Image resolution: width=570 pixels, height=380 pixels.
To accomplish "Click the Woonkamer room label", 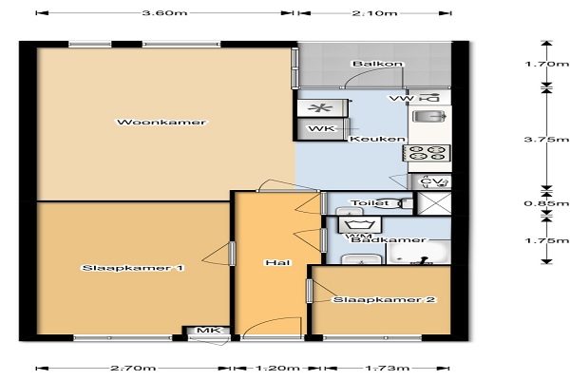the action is click(161, 123).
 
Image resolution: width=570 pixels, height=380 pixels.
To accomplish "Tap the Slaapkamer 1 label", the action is click(133, 268).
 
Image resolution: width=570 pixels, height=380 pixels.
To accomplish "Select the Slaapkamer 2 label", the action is click(384, 300).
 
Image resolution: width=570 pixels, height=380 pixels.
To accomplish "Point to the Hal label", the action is click(277, 262).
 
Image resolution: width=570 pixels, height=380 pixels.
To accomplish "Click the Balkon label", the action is click(378, 64).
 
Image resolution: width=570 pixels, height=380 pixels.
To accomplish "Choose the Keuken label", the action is click(377, 140).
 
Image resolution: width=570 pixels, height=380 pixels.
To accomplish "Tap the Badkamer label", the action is click(388, 239).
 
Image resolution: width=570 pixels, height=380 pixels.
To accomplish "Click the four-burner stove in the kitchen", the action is click(427, 153).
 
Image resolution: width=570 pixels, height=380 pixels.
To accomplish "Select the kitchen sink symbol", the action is click(429, 117).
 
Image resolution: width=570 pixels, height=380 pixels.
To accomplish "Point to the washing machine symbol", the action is click(360, 225).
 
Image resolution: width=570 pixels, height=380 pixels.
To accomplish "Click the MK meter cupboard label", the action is click(209, 331).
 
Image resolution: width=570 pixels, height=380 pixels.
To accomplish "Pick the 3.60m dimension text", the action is click(164, 13).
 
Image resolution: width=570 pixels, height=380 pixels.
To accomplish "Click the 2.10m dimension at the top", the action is click(374, 13).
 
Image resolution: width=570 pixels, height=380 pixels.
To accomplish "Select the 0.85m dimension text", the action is click(546, 203).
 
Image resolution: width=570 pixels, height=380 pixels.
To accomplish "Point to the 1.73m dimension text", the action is click(387, 369).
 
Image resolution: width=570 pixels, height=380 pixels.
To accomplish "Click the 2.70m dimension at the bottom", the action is click(133, 369).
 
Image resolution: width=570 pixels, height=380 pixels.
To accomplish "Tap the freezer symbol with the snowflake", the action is click(321, 108).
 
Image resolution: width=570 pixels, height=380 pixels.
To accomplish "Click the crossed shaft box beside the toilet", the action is click(434, 203).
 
